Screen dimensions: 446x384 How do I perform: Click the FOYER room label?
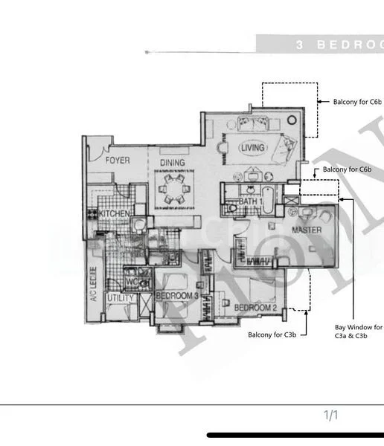[117, 161]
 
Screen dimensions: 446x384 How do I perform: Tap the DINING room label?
[172, 162]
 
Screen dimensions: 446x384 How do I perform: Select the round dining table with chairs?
[173, 189]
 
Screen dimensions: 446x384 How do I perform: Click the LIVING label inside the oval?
[252, 149]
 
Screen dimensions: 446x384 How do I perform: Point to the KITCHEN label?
[115, 214]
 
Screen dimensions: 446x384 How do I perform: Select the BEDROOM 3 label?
[176, 297]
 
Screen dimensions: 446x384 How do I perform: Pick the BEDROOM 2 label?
[255, 308]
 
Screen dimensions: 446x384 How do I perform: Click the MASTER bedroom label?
[306, 230]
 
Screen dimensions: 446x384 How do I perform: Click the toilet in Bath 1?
[232, 209]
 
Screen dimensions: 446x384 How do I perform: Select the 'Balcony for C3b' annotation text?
[272, 335]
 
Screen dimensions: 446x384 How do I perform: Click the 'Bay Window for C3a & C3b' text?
[358, 331]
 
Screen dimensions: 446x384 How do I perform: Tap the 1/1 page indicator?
[330, 415]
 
